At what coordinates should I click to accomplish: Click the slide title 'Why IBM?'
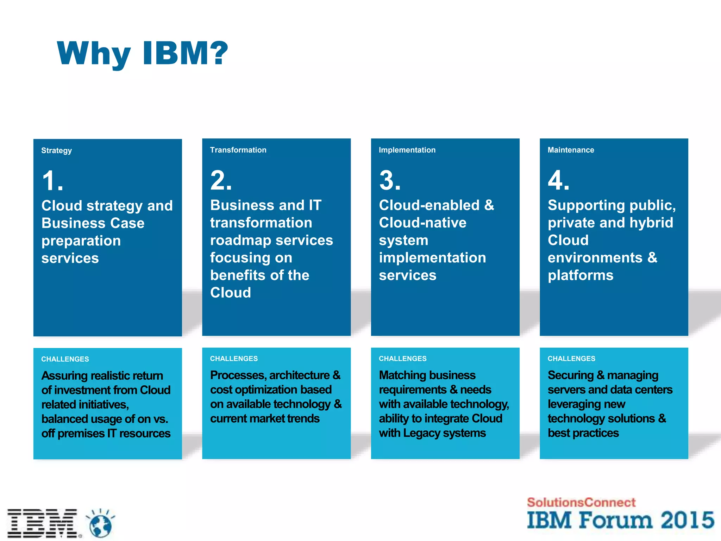coord(143,54)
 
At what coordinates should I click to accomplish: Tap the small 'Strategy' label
coord(56,150)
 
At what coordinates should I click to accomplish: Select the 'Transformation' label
coord(238,150)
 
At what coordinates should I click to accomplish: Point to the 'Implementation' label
coord(407,150)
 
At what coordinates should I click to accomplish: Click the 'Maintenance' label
coord(571,150)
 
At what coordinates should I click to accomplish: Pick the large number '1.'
coord(52,181)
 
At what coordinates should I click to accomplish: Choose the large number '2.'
coord(221,180)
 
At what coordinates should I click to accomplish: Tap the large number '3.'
coord(390,180)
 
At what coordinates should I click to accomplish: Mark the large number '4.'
coord(558,180)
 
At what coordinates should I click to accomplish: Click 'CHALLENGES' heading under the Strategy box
coord(65,359)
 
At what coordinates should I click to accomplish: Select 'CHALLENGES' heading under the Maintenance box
coord(571,359)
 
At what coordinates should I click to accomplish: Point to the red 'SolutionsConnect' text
coord(581,502)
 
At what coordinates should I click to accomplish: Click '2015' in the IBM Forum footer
coord(687,520)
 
